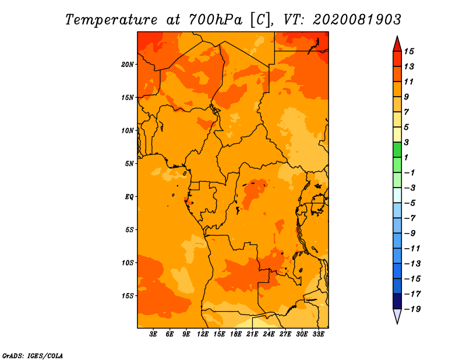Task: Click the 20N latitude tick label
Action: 128,64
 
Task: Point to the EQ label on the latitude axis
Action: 129,196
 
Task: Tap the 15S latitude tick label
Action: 128,296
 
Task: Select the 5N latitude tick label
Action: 129,164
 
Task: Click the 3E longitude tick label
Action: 153,334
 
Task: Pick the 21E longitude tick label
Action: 252,334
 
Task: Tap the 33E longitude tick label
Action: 318,334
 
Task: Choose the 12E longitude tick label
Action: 202,334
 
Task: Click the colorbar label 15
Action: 409,51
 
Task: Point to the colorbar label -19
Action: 412,309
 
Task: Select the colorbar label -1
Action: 409,172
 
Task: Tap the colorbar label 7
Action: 407,112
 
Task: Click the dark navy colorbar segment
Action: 397,301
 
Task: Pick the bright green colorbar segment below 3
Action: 397,150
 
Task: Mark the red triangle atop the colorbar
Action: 397,44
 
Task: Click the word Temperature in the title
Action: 111,20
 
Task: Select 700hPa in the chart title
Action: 215,20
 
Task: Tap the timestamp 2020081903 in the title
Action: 357,20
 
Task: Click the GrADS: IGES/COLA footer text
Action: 33,356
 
